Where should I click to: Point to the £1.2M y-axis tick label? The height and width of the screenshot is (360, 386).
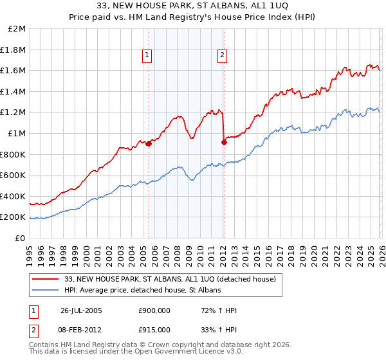click(14, 113)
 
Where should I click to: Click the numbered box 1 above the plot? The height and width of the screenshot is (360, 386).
click(148, 56)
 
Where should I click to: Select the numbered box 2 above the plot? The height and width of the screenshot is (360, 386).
click(222, 56)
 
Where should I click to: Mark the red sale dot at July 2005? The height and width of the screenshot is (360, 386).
click(149, 143)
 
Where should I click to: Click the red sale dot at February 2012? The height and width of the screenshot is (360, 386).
click(223, 142)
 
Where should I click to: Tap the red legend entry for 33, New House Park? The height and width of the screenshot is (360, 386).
click(170, 279)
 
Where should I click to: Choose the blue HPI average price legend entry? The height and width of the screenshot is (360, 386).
click(142, 291)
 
